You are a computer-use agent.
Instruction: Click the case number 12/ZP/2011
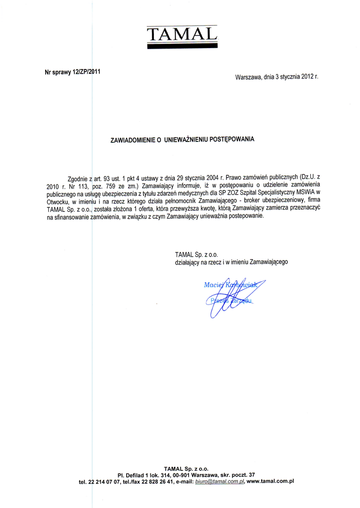point(86,71)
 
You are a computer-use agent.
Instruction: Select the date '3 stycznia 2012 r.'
point(296,77)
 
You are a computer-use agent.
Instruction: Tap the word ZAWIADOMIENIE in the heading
point(133,140)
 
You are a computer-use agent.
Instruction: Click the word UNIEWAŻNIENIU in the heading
point(185,140)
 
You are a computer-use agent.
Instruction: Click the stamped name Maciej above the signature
point(214,285)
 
